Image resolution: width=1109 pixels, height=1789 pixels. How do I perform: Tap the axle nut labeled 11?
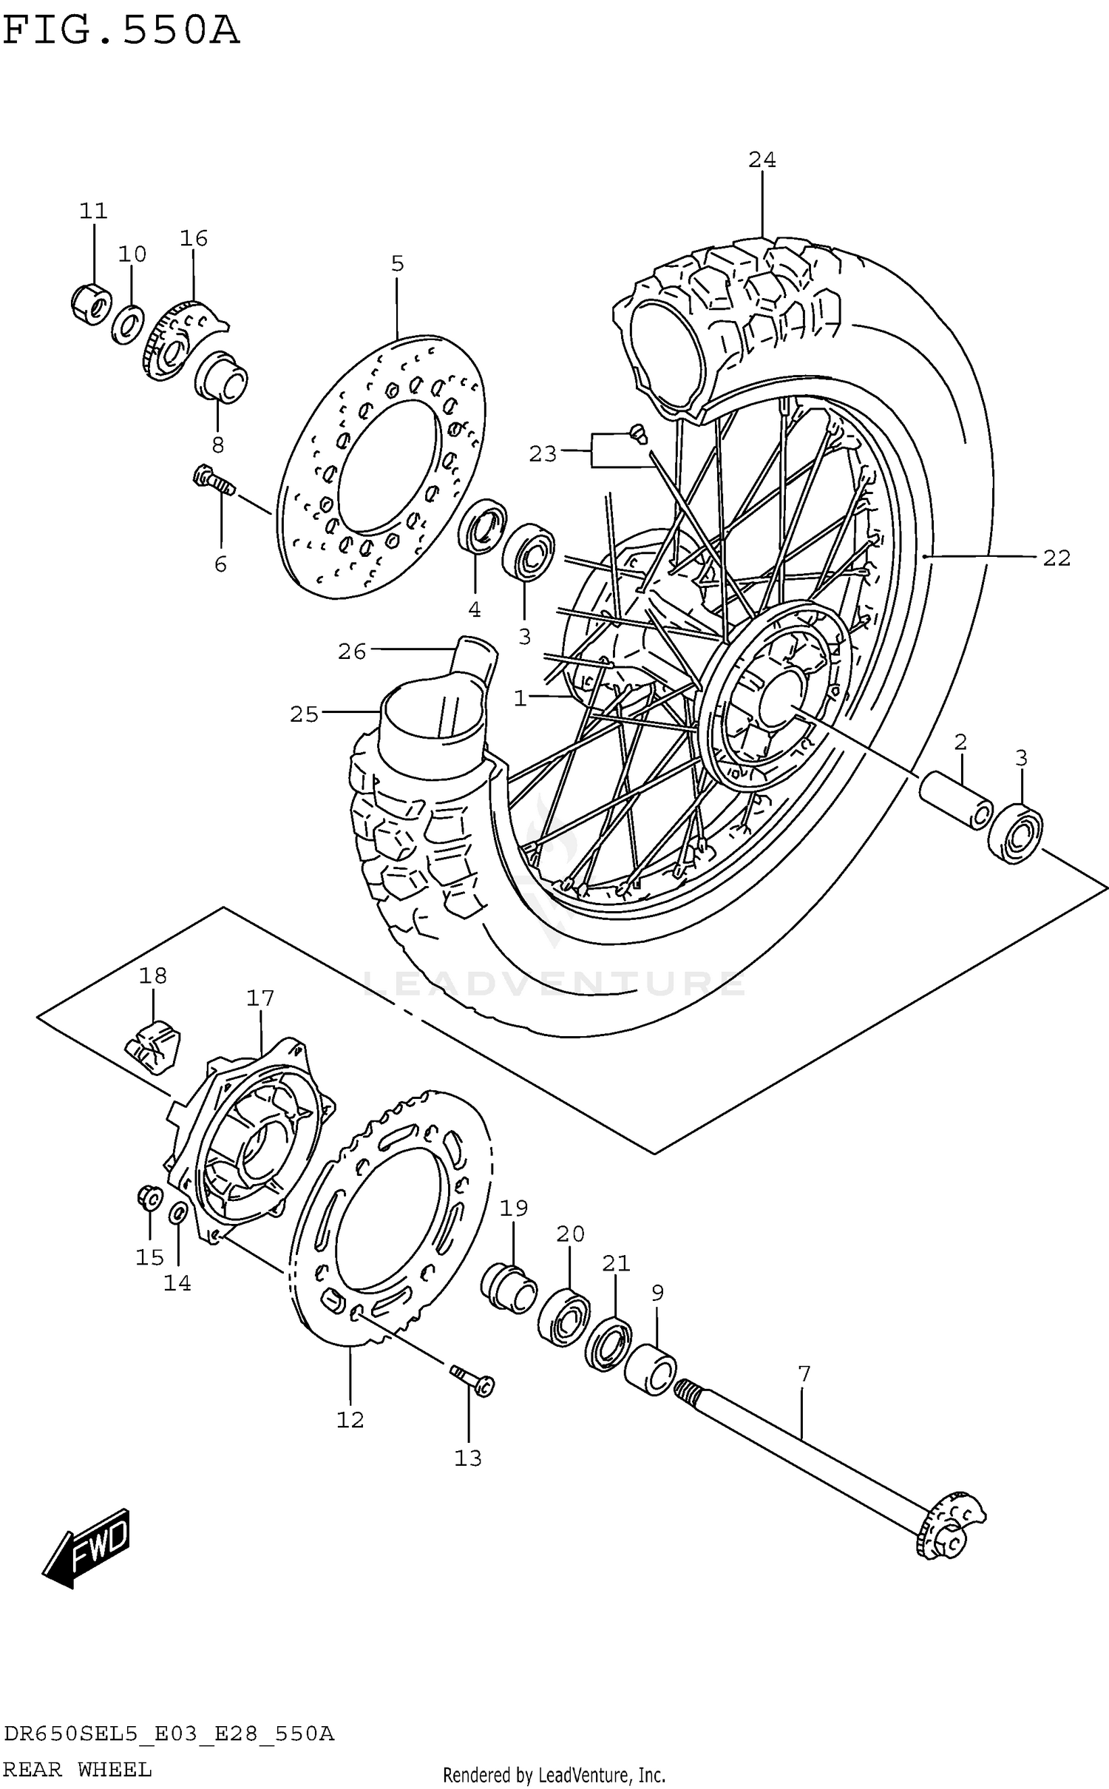tap(92, 303)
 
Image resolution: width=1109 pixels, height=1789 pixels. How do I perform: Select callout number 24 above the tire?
tap(762, 160)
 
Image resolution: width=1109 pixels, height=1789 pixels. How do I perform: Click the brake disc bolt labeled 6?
tap(213, 481)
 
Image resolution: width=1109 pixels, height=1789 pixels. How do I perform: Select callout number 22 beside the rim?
tap(1057, 558)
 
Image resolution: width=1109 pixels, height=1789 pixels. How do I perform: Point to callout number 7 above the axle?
tap(804, 1374)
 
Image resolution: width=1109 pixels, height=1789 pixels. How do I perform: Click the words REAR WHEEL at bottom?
tap(78, 1770)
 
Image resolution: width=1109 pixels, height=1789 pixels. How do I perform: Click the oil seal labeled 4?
tap(482, 526)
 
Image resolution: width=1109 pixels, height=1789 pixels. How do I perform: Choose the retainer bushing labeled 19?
tap(509, 1289)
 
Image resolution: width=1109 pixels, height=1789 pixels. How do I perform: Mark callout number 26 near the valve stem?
tap(352, 652)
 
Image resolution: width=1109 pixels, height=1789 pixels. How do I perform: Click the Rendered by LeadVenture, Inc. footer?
tap(554, 1774)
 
